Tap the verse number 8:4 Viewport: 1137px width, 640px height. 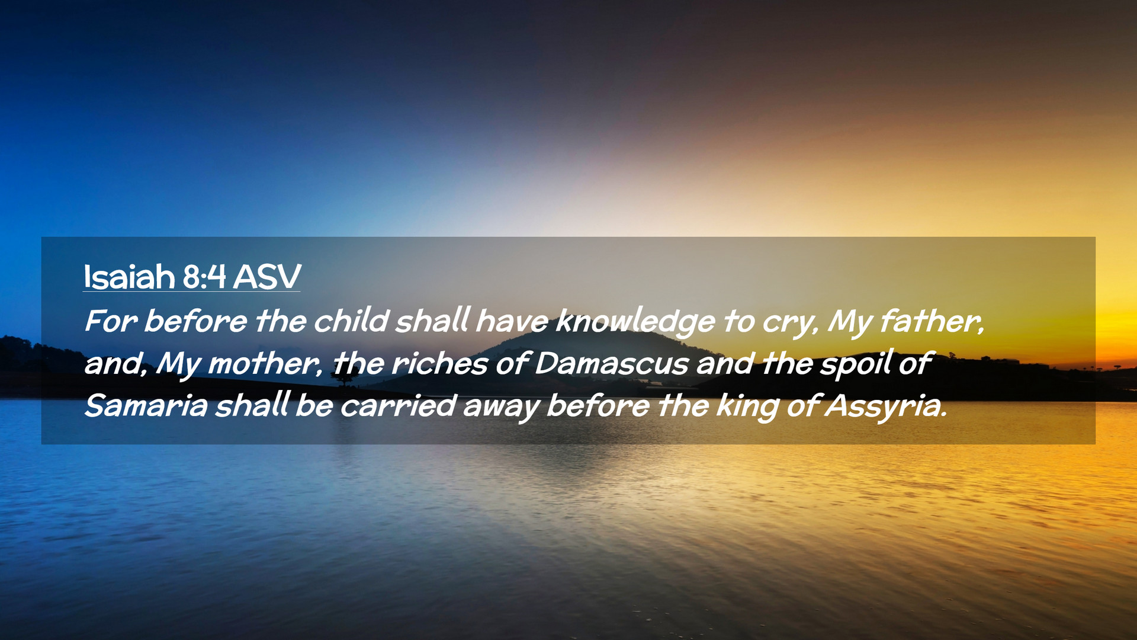pos(204,277)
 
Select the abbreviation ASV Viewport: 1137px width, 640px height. pos(267,277)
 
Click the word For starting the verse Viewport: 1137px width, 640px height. pos(111,321)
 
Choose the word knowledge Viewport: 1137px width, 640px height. pos(635,322)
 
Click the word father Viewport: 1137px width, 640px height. pos(932,321)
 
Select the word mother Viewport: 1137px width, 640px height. pos(265,364)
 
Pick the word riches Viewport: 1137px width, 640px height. pos(439,363)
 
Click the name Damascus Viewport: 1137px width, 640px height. pos(611,363)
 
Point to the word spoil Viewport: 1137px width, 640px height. pos(856,364)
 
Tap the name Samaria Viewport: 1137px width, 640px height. pos(146,407)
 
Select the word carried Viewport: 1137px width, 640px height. pos(398,407)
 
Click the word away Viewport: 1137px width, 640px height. pos(501,409)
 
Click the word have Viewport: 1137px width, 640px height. pos(512,321)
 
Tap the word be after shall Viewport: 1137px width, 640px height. pos(314,407)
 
